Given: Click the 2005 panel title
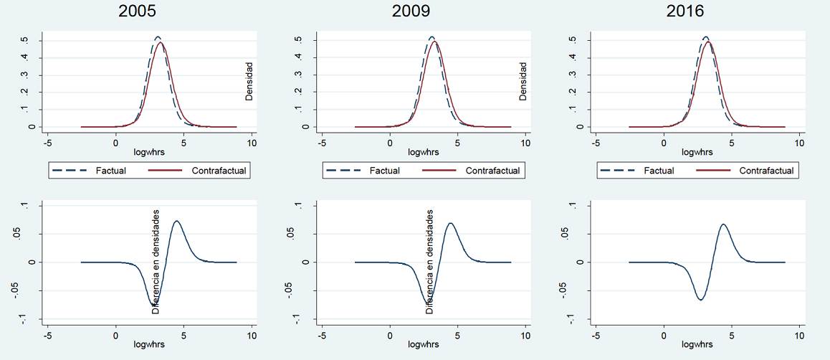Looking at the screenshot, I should tap(138, 11).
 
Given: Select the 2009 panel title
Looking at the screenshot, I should tap(413, 11).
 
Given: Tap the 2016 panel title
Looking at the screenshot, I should tap(687, 11).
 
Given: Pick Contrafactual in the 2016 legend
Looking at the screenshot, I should tap(766, 171).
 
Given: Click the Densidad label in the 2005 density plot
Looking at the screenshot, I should tap(249, 81).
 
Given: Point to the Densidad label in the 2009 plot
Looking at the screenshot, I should tap(523, 81).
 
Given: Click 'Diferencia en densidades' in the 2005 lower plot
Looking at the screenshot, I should tap(156, 262).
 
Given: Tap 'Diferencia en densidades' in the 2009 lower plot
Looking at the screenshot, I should tap(430, 262).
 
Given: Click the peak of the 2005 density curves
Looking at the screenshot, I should tap(158, 39).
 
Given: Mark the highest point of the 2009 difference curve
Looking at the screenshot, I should tap(450, 223).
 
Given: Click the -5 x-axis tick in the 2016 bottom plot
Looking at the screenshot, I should tap(596, 334).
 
